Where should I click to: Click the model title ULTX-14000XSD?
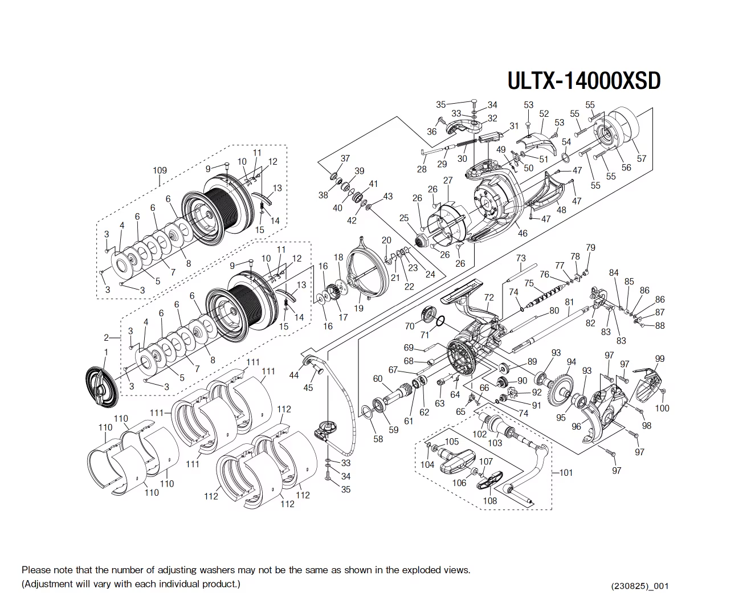[x=583, y=80]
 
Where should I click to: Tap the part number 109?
[x=160, y=170]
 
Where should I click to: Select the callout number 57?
[x=642, y=158]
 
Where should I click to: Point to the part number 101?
[x=566, y=472]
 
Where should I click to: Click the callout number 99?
[x=659, y=358]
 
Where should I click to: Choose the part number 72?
[x=489, y=297]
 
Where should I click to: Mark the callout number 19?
[x=358, y=308]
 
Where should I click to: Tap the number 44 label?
[x=294, y=375]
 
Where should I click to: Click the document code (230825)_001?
[x=639, y=586]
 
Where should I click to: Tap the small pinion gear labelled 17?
[x=333, y=297]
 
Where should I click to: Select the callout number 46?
[x=523, y=232]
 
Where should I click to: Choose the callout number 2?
[x=106, y=337]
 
